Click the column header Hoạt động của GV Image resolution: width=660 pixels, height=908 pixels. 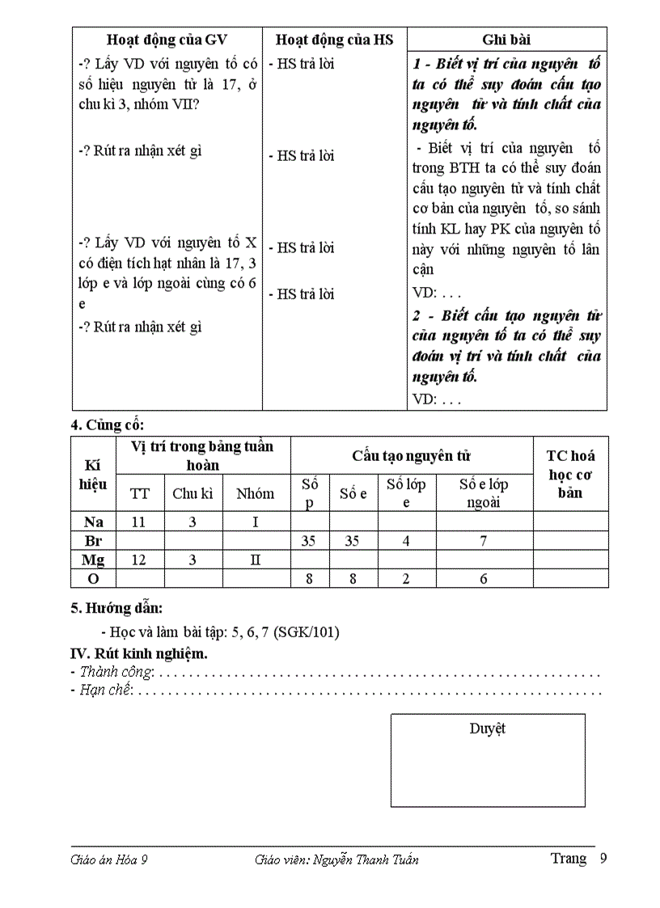(167, 40)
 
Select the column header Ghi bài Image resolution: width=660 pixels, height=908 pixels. (506, 40)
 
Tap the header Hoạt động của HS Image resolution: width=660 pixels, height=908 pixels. (334, 40)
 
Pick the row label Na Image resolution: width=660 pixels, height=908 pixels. (93, 522)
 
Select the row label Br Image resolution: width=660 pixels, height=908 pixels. (93, 541)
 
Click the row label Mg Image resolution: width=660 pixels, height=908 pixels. (93, 560)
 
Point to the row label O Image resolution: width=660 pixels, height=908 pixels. (93, 578)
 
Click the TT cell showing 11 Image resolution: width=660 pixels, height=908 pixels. (139, 522)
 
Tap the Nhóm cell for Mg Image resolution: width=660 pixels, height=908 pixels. (255, 560)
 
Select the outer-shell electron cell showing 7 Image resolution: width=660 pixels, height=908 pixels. (483, 541)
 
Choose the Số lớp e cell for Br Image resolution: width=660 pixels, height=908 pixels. (406, 541)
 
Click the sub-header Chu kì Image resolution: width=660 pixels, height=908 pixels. (192, 493)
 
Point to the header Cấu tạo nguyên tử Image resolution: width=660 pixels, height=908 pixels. (411, 455)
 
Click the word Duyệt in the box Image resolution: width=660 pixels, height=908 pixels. (487, 729)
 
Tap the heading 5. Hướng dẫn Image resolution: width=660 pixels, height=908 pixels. (116, 608)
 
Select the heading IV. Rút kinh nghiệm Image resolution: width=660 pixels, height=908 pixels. (139, 653)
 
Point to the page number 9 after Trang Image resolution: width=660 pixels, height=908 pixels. (603, 859)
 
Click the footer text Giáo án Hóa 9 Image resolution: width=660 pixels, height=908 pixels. (109, 859)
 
